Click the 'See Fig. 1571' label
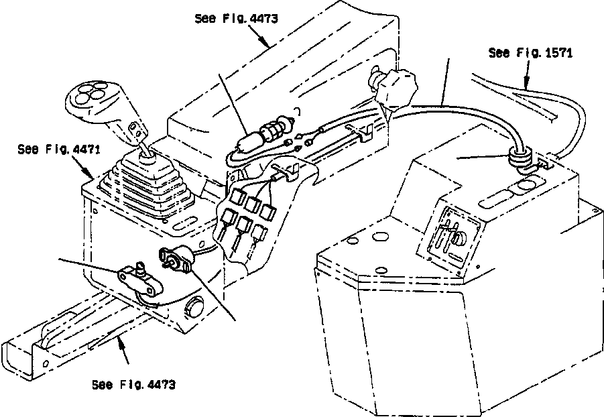[530, 53]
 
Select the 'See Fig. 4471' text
[59, 149]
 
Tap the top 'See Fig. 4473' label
[235, 19]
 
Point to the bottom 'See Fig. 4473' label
[133, 385]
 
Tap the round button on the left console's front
[196, 308]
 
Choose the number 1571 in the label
[558, 53]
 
